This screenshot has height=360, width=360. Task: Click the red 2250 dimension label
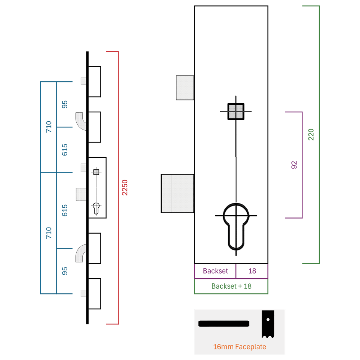(x=125, y=188)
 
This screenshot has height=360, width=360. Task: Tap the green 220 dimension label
(x=311, y=135)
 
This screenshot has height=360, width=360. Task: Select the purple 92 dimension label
(x=294, y=165)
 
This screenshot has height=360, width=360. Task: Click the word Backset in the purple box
(x=215, y=271)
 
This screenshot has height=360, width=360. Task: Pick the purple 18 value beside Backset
(x=252, y=271)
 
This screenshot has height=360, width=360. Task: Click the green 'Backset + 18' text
(x=231, y=286)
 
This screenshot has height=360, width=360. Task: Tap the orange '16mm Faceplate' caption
(x=239, y=347)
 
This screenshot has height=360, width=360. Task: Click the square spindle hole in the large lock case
(x=236, y=112)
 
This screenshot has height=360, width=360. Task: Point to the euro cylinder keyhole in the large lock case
(x=236, y=226)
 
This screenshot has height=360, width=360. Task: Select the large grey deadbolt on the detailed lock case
(x=177, y=193)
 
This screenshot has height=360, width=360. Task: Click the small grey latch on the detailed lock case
(x=185, y=88)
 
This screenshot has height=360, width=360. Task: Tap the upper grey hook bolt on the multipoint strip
(x=81, y=121)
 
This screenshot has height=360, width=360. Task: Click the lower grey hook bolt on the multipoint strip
(x=80, y=253)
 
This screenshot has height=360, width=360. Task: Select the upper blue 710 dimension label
(x=49, y=127)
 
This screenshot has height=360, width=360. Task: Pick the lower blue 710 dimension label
(x=49, y=233)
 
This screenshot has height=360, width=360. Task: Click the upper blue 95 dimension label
(x=65, y=104)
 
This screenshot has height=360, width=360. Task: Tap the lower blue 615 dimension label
(x=65, y=210)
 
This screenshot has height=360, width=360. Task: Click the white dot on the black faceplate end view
(x=268, y=320)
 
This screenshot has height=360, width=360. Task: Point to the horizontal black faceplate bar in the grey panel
(x=224, y=324)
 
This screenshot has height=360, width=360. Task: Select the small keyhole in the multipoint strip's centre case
(x=96, y=208)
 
